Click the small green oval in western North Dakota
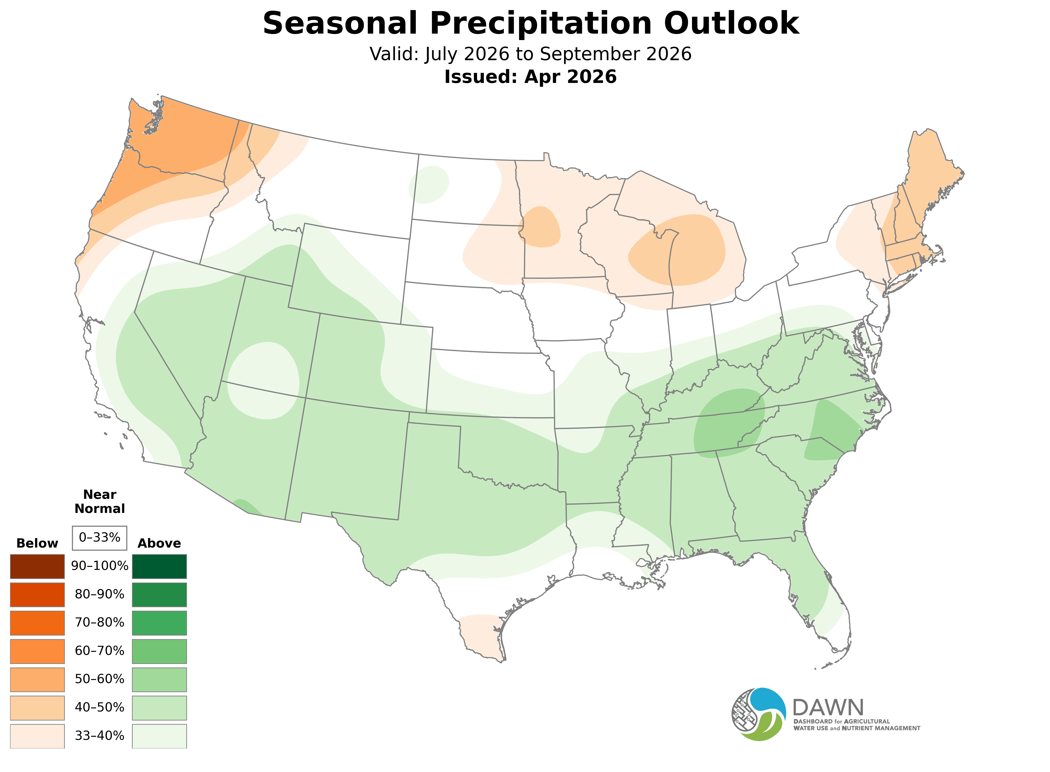point(429,185)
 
